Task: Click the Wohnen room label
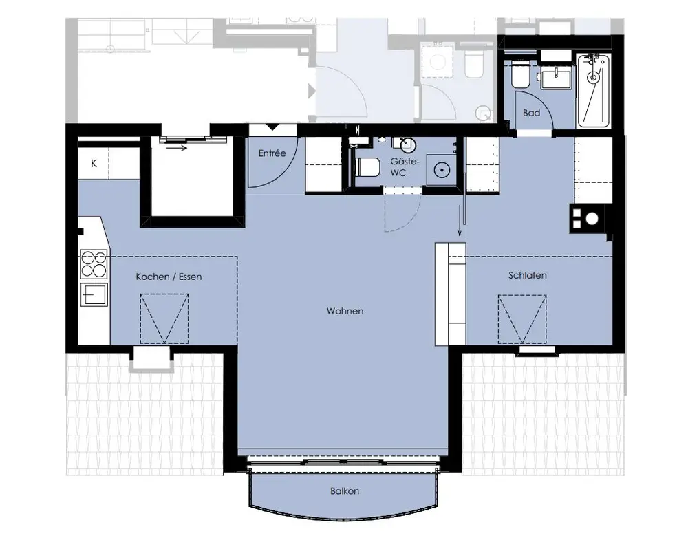(345, 311)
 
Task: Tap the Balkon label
(345, 491)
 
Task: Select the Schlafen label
(528, 275)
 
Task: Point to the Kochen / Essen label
(169, 277)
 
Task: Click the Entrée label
(272, 153)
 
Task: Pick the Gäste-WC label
(405, 167)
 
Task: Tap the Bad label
(531, 114)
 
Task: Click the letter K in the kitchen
(94, 164)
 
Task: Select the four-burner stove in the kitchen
(94, 264)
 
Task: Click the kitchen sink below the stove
(94, 294)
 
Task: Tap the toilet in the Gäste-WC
(367, 167)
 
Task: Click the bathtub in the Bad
(594, 91)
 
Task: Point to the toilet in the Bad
(522, 76)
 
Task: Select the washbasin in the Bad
(557, 78)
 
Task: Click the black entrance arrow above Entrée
(273, 127)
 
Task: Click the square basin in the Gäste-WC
(442, 169)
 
